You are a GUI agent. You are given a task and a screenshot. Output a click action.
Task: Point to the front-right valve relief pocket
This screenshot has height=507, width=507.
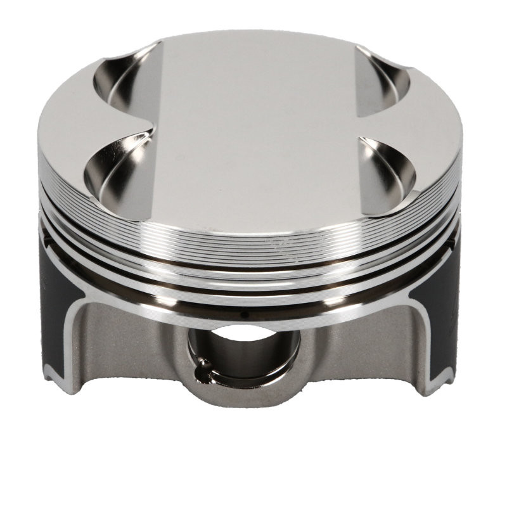[x=387, y=171]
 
